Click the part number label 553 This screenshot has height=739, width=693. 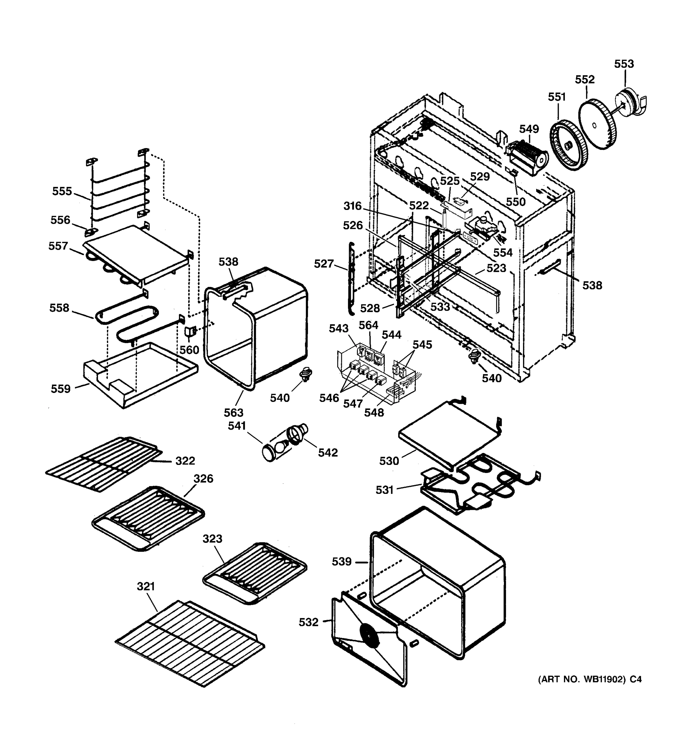[x=623, y=64]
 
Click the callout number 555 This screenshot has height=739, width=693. [x=62, y=191]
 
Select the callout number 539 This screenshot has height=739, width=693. [x=341, y=561]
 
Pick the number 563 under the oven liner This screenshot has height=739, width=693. [x=233, y=412]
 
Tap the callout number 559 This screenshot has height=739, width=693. [x=61, y=389]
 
